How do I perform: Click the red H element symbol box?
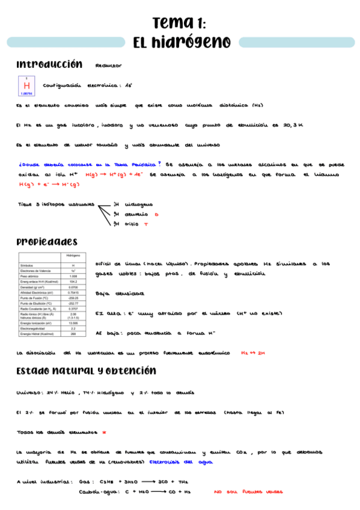click(26, 86)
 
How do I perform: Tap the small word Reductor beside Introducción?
click(108, 66)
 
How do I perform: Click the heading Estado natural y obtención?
click(87, 370)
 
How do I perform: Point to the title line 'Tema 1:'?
click(180, 23)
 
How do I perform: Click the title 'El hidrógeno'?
click(182, 42)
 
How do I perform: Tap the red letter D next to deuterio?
click(156, 214)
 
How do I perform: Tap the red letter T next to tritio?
click(145, 224)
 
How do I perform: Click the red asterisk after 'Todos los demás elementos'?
click(104, 432)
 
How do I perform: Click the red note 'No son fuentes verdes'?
click(248, 491)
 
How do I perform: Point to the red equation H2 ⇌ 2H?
click(252, 353)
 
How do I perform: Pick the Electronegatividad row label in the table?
click(37, 328)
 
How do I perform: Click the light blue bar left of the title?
click(63, 42)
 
